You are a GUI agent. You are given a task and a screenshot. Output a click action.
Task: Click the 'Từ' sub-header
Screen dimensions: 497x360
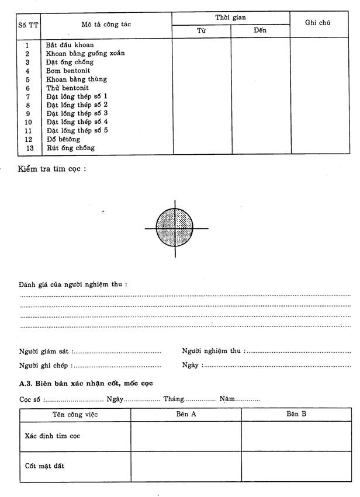click(x=201, y=30)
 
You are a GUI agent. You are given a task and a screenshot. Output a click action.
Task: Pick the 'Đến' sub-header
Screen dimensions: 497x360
click(x=260, y=30)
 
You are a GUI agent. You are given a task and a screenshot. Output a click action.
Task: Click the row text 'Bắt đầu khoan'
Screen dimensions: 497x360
click(x=69, y=44)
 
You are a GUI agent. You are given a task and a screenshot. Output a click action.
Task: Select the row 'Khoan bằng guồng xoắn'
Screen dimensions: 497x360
click(x=85, y=53)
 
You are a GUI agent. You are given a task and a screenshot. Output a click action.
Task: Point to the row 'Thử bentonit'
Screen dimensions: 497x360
click(x=67, y=88)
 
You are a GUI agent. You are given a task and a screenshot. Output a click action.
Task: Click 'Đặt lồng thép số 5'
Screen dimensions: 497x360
click(x=77, y=131)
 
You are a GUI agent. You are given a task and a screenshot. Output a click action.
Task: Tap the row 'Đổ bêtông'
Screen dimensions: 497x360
click(x=63, y=140)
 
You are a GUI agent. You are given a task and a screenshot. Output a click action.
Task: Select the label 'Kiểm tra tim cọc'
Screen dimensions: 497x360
click(x=52, y=169)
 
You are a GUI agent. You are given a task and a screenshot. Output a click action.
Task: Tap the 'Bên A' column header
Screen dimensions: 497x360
click(x=186, y=413)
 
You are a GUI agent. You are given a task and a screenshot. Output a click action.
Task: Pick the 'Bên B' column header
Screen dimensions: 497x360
click(x=296, y=413)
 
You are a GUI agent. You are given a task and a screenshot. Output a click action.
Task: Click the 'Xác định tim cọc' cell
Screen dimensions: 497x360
click(x=53, y=436)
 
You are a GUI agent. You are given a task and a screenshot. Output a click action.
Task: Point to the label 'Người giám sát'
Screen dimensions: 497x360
click(x=43, y=351)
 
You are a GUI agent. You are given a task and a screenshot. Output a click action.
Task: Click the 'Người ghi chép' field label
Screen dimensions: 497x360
click(x=45, y=365)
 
